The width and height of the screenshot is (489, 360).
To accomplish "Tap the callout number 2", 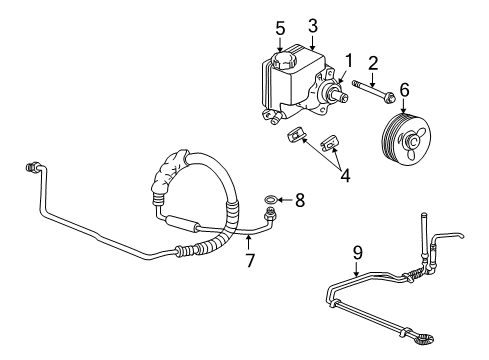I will click(372, 64).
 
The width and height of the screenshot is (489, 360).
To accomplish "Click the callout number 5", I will click(281, 27).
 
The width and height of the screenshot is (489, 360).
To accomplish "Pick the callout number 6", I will click(404, 89).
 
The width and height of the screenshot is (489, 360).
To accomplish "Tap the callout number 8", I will click(300, 200).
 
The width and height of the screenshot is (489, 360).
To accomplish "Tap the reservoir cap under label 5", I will click(279, 61).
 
